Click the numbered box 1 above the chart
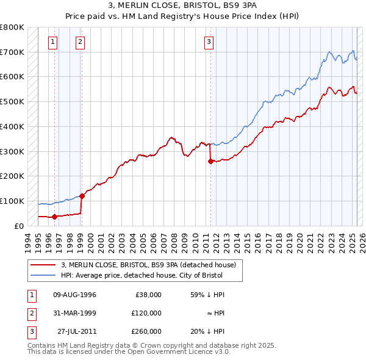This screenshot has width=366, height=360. [54, 42]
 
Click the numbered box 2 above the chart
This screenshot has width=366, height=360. [81, 42]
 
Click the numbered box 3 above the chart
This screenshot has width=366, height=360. [209, 42]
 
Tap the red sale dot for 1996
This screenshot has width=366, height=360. [54, 216]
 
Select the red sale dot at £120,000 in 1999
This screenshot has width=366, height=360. [82, 196]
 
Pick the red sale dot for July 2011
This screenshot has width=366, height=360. [210, 161]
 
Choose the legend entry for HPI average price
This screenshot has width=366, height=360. [142, 275]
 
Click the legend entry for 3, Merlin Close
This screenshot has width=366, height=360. [152, 265]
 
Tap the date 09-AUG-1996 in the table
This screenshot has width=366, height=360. [74, 295]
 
